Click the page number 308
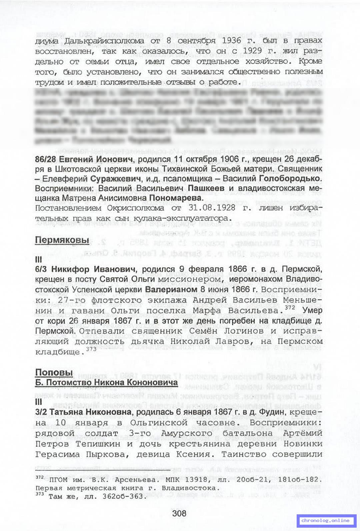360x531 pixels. click(x=179, y=513)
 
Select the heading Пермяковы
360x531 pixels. click(x=62, y=240)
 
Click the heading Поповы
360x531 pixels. click(x=54, y=372)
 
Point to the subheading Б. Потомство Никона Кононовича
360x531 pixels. click(x=106, y=382)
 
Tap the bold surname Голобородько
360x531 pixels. click(x=290, y=179)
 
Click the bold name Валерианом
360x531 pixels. click(x=171, y=289)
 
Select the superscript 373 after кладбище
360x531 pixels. click(x=91, y=349)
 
